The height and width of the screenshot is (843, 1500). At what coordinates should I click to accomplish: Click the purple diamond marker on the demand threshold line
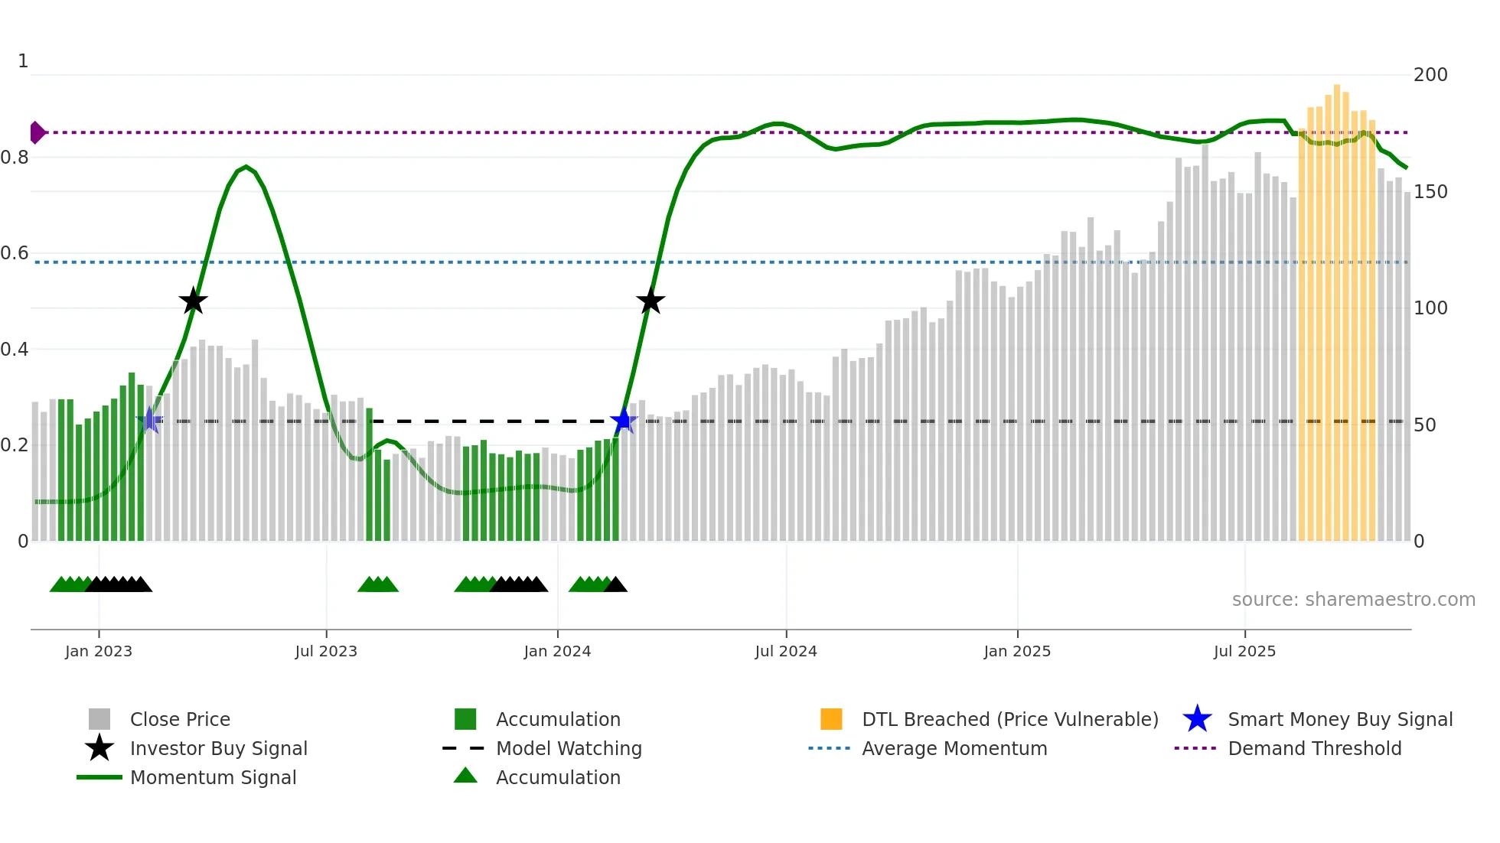coord(37,132)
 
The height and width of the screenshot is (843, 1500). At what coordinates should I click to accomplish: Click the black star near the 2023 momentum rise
coord(193,301)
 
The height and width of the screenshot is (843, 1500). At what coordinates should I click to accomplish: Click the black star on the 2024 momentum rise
coord(651,301)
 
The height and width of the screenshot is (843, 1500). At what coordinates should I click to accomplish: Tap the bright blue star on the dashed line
coord(624,421)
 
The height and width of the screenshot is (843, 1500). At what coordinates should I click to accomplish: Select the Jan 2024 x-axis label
coord(557,651)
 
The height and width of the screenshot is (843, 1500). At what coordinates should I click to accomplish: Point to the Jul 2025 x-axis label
coord(1244,651)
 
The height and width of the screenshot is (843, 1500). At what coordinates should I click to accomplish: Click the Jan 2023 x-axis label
coord(99,651)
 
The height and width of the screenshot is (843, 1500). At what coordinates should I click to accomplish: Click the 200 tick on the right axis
coord(1430,75)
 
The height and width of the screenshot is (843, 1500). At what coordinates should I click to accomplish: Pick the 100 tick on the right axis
coord(1430,308)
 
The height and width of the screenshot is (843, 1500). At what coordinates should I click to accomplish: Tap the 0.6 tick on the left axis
coord(15,253)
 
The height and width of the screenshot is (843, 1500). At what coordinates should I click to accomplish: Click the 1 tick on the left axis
coord(23,61)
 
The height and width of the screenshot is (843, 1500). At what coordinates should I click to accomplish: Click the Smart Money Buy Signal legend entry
coord(1339,719)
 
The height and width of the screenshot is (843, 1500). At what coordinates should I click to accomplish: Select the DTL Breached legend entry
coord(1009,719)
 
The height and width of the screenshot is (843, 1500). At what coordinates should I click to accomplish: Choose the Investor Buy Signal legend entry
coord(218,748)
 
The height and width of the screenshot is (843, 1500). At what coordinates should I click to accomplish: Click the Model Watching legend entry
coord(569,748)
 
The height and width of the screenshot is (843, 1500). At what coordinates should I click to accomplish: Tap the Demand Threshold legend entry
coord(1314,748)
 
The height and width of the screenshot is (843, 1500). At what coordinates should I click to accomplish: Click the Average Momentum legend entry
coord(954,748)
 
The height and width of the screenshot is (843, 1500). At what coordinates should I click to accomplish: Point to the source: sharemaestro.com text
coord(1353,600)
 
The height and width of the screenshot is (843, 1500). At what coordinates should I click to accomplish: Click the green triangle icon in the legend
coord(465,776)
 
